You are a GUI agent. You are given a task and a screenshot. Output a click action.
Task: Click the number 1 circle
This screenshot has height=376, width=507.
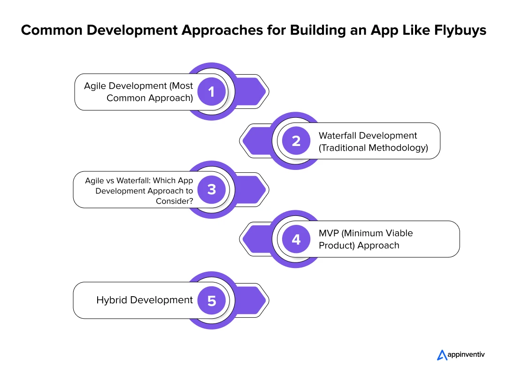pos(211,92)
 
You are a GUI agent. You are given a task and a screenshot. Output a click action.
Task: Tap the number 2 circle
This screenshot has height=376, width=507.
pos(296,141)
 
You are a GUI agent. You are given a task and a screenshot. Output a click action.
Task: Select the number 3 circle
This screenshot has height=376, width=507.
pos(211,190)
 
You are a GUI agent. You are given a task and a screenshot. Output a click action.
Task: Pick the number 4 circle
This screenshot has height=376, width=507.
pos(296,239)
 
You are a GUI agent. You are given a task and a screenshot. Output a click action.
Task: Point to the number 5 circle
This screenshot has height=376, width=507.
pos(211,301)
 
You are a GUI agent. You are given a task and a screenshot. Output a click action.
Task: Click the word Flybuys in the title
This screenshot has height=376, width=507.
pos(460,31)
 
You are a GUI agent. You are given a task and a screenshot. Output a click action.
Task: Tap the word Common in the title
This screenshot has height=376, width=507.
pos(52,30)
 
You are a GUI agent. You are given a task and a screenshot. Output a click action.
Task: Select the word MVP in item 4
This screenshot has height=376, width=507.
pos(329,233)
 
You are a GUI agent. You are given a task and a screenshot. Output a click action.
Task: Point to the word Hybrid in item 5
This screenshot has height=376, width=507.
pos(112,300)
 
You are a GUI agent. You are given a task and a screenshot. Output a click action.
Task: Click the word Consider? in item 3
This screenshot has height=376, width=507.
pos(174,201)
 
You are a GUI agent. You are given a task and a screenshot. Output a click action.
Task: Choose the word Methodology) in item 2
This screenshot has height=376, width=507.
pos(399,148)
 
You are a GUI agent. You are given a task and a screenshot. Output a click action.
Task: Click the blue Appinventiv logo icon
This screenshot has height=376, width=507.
pos(442,355)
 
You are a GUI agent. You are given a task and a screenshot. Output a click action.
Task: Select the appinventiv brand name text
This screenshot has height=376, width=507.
pos(466,355)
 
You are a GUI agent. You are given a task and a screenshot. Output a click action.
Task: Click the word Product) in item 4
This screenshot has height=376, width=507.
pos(337,246)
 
